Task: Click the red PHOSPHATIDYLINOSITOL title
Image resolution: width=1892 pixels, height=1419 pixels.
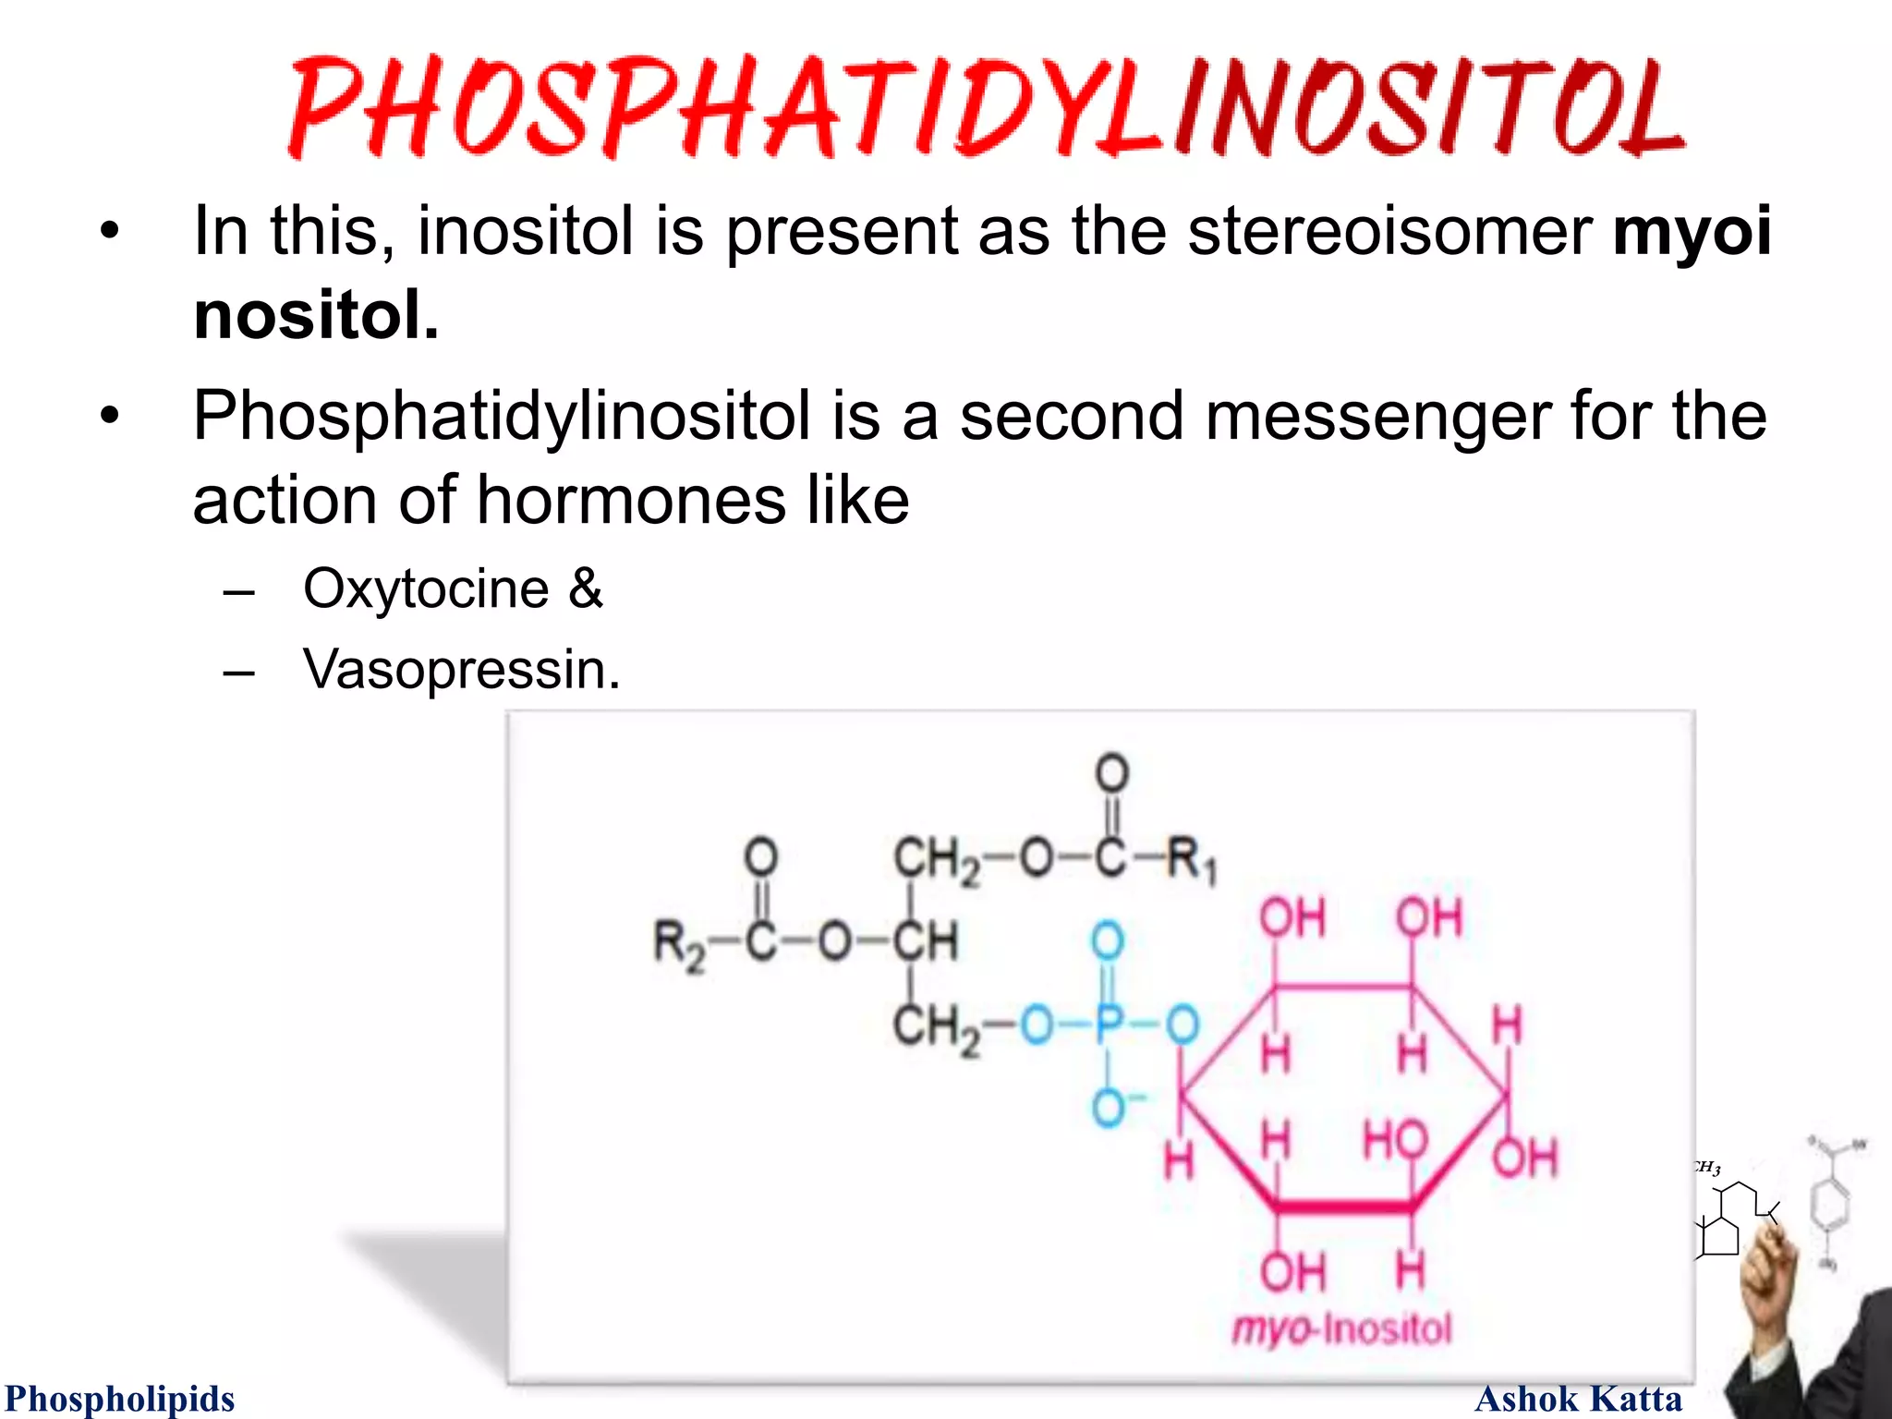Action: [985, 107]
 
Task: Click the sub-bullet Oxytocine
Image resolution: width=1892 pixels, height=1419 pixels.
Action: [426, 588]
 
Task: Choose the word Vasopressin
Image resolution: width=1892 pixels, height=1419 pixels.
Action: [461, 669]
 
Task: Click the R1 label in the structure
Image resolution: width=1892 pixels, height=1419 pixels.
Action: [1193, 860]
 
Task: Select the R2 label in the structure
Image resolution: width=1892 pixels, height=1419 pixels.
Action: [679, 944]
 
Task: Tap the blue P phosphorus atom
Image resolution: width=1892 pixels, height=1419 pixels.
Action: [1108, 1024]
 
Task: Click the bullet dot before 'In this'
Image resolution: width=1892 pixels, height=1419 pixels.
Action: [110, 232]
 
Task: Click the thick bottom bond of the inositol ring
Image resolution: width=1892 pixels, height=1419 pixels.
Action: [1344, 1207]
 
